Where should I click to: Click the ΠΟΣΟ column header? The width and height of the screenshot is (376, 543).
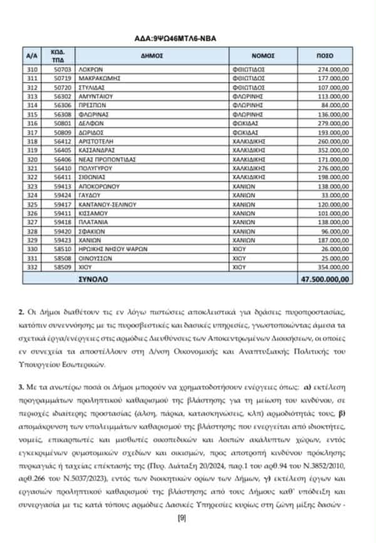(x=325, y=55)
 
